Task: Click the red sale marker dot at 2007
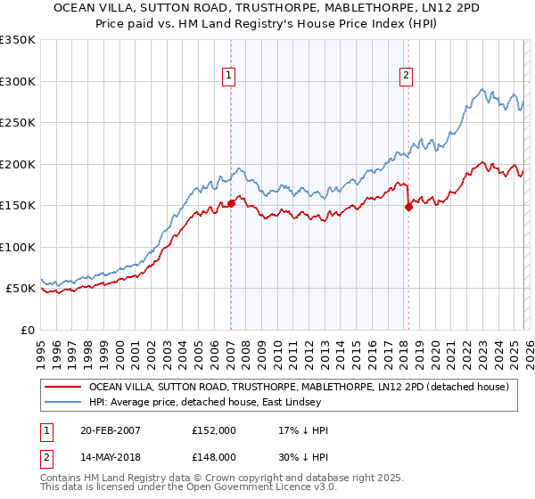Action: tap(231, 203)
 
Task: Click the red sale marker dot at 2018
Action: tap(408, 207)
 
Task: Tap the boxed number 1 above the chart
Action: tap(229, 77)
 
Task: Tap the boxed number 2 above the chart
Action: tap(406, 77)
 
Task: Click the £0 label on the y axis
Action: tap(27, 330)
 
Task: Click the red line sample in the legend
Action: tap(62, 387)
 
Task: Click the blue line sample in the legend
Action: tap(62, 402)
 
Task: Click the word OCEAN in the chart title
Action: tap(75, 8)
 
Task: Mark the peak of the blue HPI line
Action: tap(482, 88)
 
